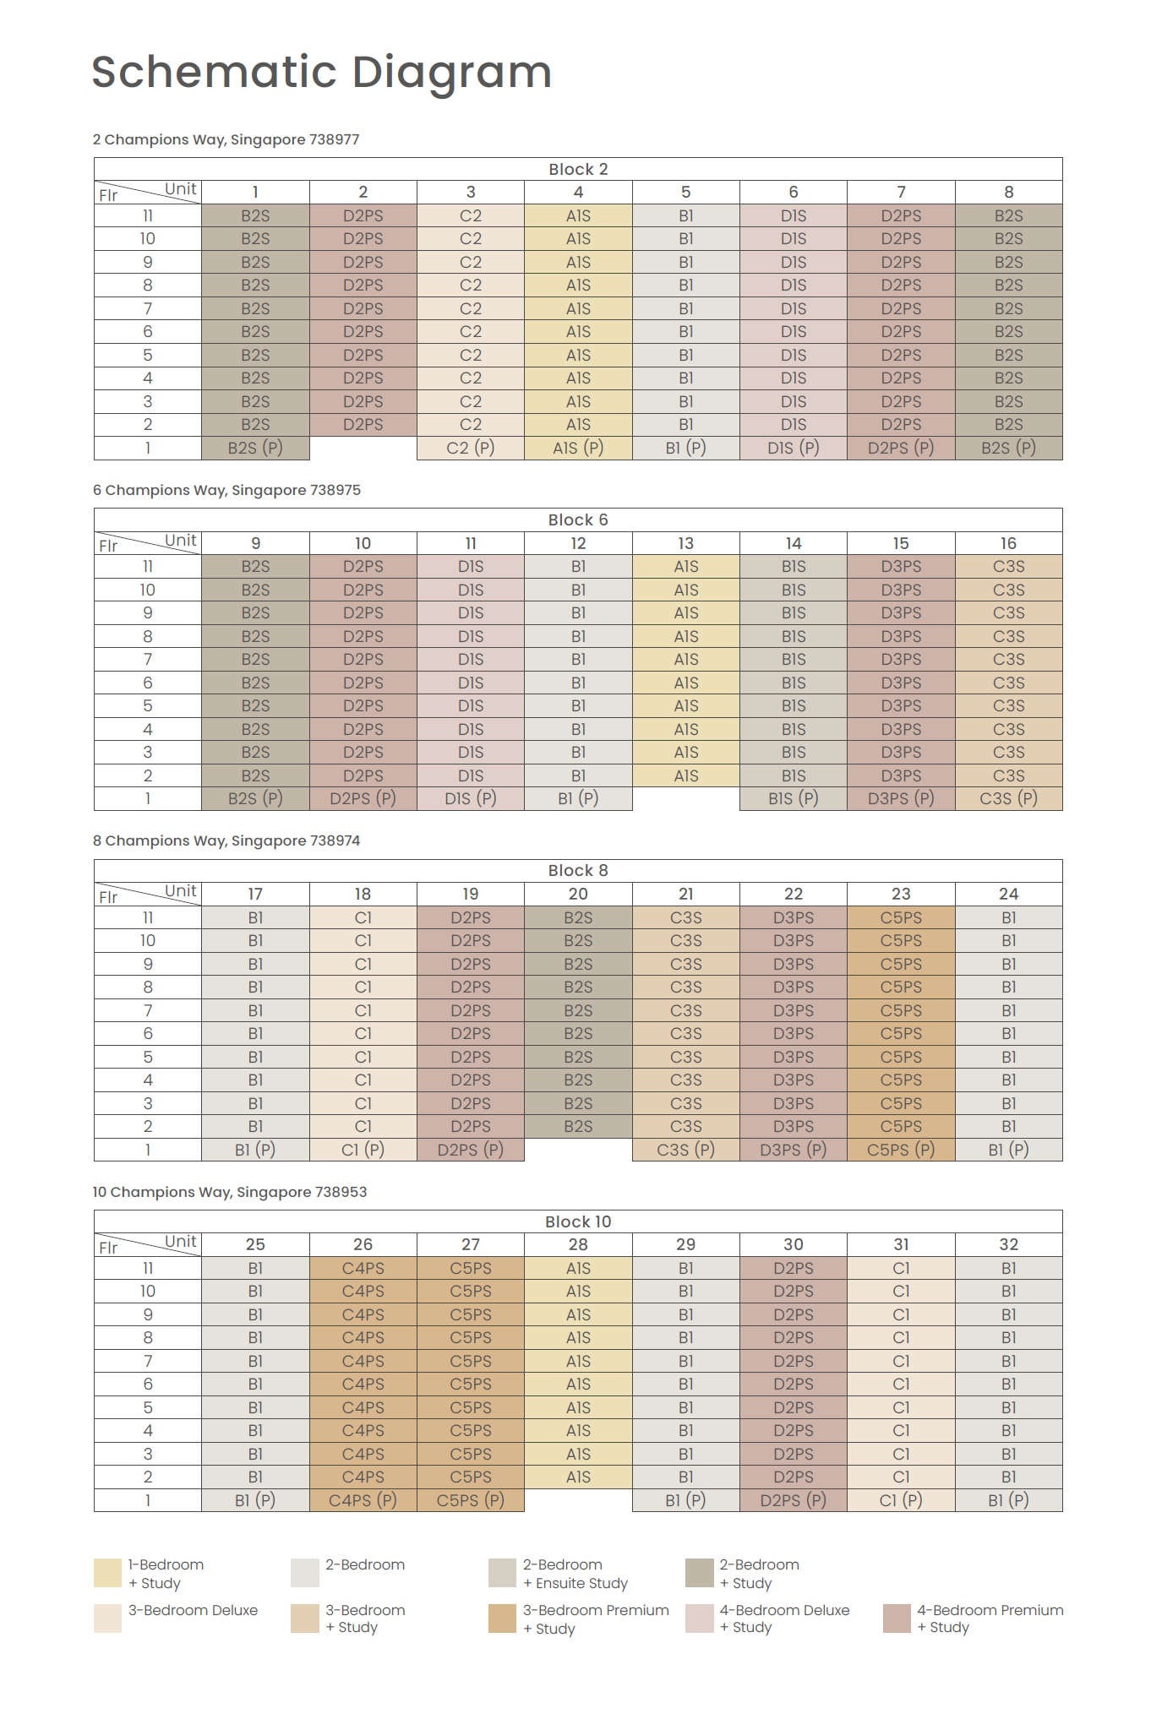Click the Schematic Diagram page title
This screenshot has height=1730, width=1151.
click(321, 72)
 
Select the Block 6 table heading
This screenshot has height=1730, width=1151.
click(578, 520)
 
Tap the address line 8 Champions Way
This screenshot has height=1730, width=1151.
click(226, 841)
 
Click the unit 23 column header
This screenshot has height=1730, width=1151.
click(901, 894)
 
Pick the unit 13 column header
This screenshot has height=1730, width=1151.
click(685, 543)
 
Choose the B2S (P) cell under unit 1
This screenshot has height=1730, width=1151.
click(255, 448)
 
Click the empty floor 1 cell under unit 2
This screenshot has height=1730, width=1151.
click(363, 448)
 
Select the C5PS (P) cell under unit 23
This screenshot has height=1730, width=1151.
click(901, 1150)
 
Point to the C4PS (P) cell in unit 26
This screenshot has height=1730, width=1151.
click(363, 1500)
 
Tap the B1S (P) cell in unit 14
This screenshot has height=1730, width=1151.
click(793, 798)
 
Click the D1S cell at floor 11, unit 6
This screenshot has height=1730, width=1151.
click(793, 216)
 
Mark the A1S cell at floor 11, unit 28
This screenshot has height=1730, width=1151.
click(578, 1268)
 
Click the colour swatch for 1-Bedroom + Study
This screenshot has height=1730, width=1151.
click(107, 1573)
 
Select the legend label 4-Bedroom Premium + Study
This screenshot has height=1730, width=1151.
click(990, 1618)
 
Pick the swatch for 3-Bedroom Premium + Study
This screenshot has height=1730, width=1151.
click(502, 1618)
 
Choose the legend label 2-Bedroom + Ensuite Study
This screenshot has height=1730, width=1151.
click(575, 1574)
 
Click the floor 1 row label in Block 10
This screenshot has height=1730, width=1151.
click(148, 1500)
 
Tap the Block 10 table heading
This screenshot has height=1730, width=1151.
click(578, 1221)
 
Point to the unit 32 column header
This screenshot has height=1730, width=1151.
click(1008, 1244)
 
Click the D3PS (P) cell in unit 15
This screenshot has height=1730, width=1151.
click(901, 798)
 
